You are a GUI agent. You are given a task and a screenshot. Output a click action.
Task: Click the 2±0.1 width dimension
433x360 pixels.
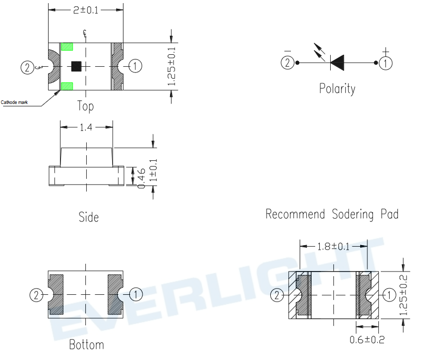coord(86,10)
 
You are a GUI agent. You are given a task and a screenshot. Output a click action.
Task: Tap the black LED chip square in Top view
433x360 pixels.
coord(76,66)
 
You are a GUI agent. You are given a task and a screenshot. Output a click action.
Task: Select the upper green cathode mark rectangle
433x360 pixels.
coord(67,47)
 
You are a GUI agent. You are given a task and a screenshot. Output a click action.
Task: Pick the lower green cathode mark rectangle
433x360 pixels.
coord(67,86)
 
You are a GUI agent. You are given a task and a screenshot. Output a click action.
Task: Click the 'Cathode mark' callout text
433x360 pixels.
coord(14,102)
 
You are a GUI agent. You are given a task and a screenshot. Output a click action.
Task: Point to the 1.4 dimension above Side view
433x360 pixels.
coord(86,127)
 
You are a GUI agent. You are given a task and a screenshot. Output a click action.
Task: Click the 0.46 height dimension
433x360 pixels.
coord(141,178)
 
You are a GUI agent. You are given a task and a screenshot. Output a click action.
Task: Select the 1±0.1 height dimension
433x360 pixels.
coord(153,170)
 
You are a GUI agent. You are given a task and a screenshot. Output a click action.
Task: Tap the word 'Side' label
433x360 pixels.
coord(89,217)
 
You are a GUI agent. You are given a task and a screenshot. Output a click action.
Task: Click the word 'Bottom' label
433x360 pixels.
coord(86,345)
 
